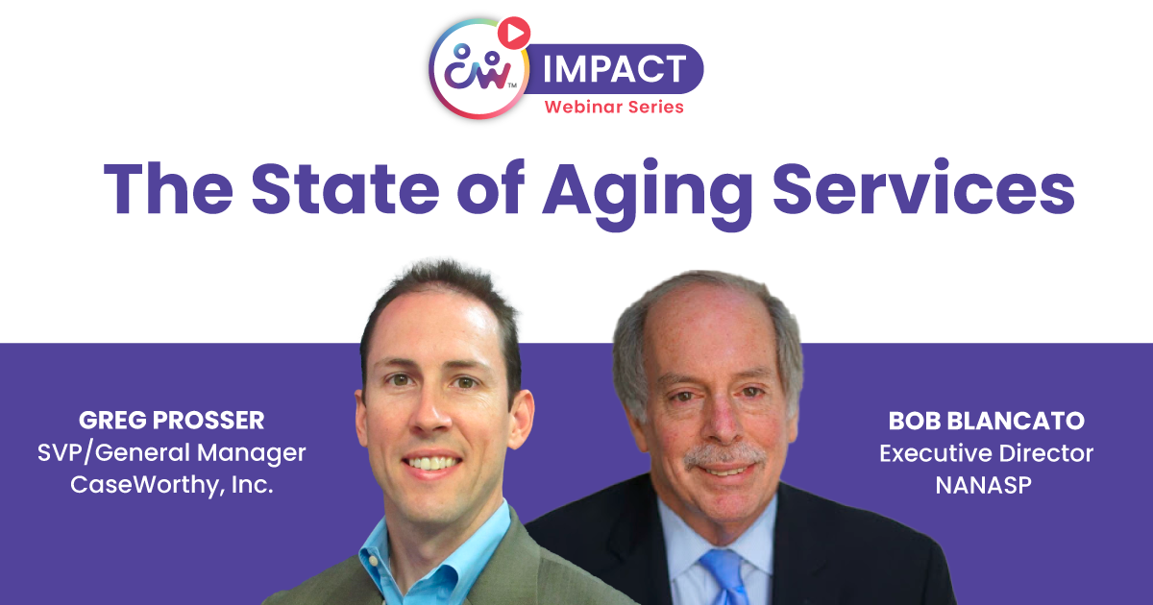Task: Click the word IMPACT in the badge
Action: coord(615,68)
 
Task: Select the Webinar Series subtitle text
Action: coord(614,107)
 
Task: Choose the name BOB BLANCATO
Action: coord(986,422)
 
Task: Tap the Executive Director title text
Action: coord(986,452)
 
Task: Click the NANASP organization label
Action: coord(986,484)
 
